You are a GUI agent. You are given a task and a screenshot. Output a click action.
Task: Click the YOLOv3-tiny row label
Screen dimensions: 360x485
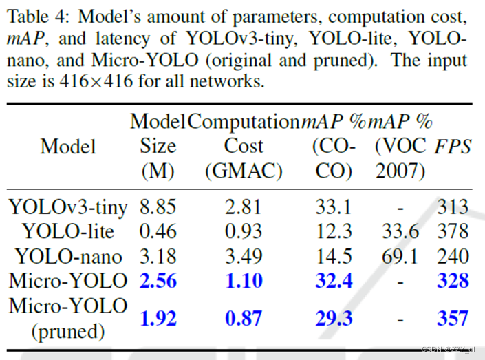[68, 207]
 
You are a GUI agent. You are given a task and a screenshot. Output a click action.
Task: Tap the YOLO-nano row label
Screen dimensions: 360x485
[69, 257]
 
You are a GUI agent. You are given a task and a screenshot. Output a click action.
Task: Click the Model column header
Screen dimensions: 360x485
[68, 147]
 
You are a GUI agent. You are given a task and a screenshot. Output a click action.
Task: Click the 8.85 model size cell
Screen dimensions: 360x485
[158, 207]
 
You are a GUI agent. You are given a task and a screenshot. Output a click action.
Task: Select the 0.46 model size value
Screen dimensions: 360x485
[158, 231]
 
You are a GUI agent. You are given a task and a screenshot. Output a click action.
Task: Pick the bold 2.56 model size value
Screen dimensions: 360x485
[158, 281]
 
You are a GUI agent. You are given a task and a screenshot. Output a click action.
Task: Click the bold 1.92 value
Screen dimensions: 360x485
[158, 318]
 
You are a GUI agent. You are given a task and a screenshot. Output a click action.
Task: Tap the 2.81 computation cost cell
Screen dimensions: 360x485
[244, 207]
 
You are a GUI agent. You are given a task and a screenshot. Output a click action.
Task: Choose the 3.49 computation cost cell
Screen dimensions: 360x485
[244, 257]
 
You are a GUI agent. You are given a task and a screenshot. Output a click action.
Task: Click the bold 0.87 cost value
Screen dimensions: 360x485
[244, 318]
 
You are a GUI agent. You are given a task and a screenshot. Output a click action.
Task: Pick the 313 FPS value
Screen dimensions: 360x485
[453, 207]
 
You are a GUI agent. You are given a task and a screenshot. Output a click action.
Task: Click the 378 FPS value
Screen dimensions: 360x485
[453, 231]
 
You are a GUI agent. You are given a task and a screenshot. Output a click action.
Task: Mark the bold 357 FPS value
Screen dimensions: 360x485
[453, 318]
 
